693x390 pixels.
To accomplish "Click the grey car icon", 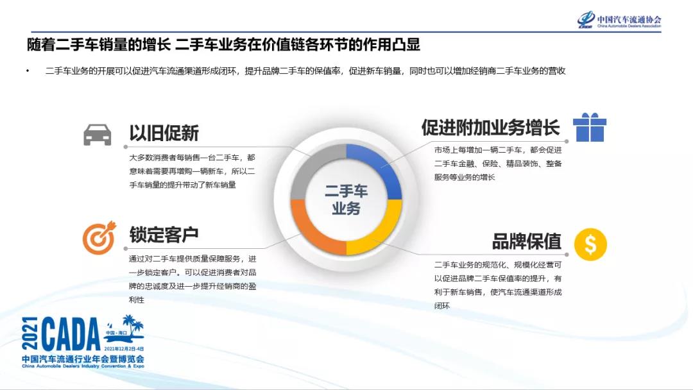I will pyautogui.click(x=97, y=134).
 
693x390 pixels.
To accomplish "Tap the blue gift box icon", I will pyautogui.click(x=590, y=127).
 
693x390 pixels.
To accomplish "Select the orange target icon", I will pyautogui.click(x=99, y=237).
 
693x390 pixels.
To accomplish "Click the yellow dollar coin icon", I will pyautogui.click(x=590, y=244).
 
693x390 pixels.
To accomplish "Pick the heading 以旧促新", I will pyautogui.click(x=164, y=133).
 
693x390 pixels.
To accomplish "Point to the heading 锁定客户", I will pyautogui.click(x=164, y=235).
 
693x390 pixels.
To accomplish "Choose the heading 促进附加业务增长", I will pyautogui.click(x=491, y=127).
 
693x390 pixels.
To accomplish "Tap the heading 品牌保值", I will pyautogui.click(x=526, y=241).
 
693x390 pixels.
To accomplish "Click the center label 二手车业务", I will pyautogui.click(x=346, y=199).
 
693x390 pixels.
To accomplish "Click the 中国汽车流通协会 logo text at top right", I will pyautogui.click(x=628, y=19).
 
